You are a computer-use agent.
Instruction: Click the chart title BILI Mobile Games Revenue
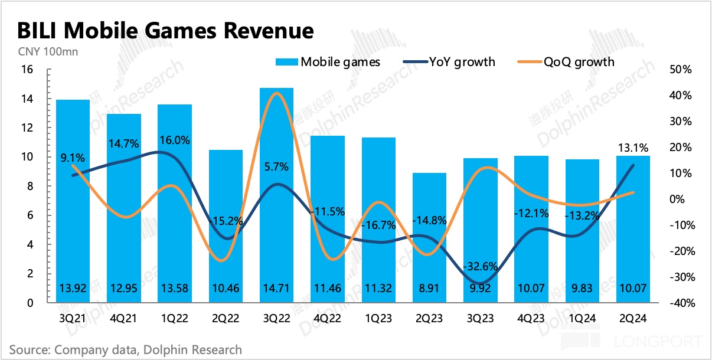click(x=165, y=31)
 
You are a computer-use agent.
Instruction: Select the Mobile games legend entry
click(x=328, y=61)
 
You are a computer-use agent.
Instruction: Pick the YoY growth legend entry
click(x=449, y=61)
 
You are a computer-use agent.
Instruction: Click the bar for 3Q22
click(x=277, y=195)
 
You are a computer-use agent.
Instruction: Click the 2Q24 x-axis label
click(x=633, y=318)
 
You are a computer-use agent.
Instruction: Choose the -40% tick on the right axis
click(x=681, y=303)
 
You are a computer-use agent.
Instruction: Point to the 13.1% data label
click(x=633, y=148)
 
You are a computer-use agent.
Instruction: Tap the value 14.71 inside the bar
click(x=277, y=289)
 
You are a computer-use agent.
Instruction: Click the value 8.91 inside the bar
click(x=430, y=289)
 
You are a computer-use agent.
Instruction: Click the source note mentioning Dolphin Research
click(x=126, y=349)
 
